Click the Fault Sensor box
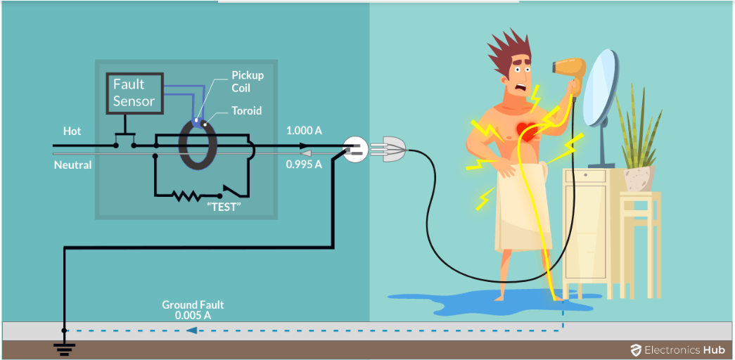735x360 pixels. (134, 93)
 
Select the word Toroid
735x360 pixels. (246, 111)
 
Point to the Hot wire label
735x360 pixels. (72, 131)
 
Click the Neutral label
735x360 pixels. (73, 165)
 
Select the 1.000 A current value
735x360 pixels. (304, 131)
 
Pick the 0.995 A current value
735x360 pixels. (304, 165)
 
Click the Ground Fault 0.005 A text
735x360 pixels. (193, 310)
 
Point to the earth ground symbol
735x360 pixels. (64, 344)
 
